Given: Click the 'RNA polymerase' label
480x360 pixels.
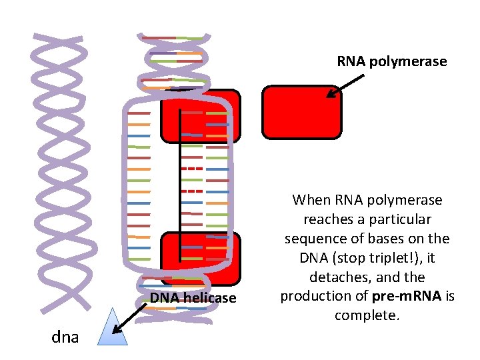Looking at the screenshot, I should click(x=391, y=62).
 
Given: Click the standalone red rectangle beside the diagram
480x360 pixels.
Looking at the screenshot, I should click(x=301, y=112).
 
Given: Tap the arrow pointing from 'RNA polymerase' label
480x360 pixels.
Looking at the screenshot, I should click(x=345, y=86).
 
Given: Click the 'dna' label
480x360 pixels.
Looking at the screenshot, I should click(x=65, y=337).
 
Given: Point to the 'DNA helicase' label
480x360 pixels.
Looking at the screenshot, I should click(x=193, y=298).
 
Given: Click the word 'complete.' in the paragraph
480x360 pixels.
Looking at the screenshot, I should click(x=367, y=315).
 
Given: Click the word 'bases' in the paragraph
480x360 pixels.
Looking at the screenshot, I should click(x=387, y=239).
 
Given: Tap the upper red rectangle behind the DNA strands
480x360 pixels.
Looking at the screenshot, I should click(x=201, y=115).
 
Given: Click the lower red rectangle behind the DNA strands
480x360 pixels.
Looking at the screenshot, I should click(x=200, y=257).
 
